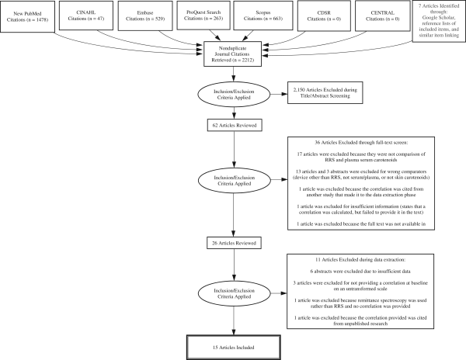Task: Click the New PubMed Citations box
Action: click(28, 16)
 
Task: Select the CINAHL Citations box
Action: click(86, 16)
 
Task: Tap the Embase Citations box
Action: click(145, 16)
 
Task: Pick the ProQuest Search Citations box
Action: click(203, 16)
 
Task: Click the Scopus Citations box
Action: click(263, 16)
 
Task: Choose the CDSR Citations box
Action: click(324, 16)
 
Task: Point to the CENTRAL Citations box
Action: click(383, 16)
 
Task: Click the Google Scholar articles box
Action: click(439, 21)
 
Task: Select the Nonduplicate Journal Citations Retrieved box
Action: click(233, 54)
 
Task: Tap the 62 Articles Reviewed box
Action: click(235, 125)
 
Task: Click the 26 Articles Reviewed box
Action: click(234, 243)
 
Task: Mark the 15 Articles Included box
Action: click(234, 348)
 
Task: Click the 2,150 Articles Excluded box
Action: click(325, 92)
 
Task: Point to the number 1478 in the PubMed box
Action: click(40, 20)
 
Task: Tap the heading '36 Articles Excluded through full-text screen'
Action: click(361, 143)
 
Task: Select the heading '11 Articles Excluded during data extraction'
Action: click(360, 260)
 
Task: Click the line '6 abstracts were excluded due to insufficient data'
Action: click(360, 272)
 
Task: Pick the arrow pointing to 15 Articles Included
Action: click(234, 321)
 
